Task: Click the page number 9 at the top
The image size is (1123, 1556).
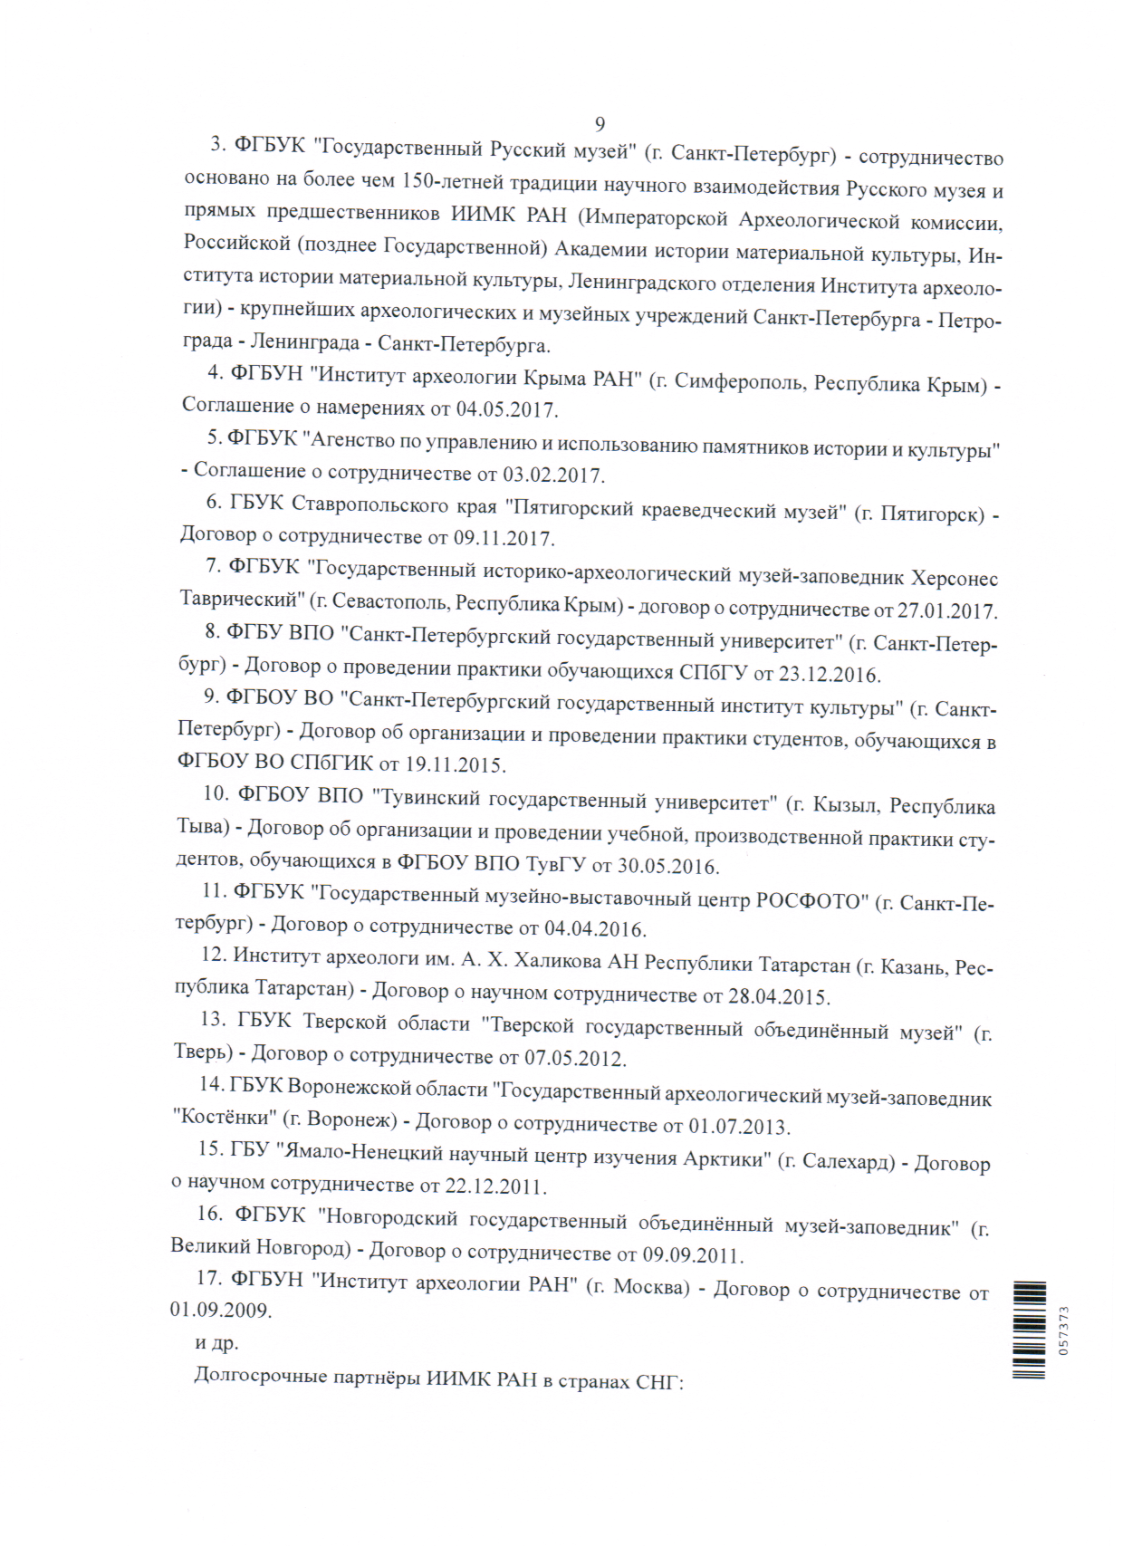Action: pyautogui.click(x=600, y=124)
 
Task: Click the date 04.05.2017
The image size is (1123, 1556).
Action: pyautogui.click(x=505, y=409)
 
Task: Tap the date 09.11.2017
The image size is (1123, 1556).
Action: pyautogui.click(x=503, y=539)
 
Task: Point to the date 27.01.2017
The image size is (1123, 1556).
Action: pyautogui.click(x=946, y=611)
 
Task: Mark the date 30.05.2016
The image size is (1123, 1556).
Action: pyautogui.click(x=667, y=866)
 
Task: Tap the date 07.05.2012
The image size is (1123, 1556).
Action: pyautogui.click(x=575, y=1058)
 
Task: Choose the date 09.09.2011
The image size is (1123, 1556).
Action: pyautogui.click(x=692, y=1256)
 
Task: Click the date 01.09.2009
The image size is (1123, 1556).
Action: pyautogui.click(x=220, y=1310)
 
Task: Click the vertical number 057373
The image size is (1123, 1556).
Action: pyautogui.click(x=1063, y=1330)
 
